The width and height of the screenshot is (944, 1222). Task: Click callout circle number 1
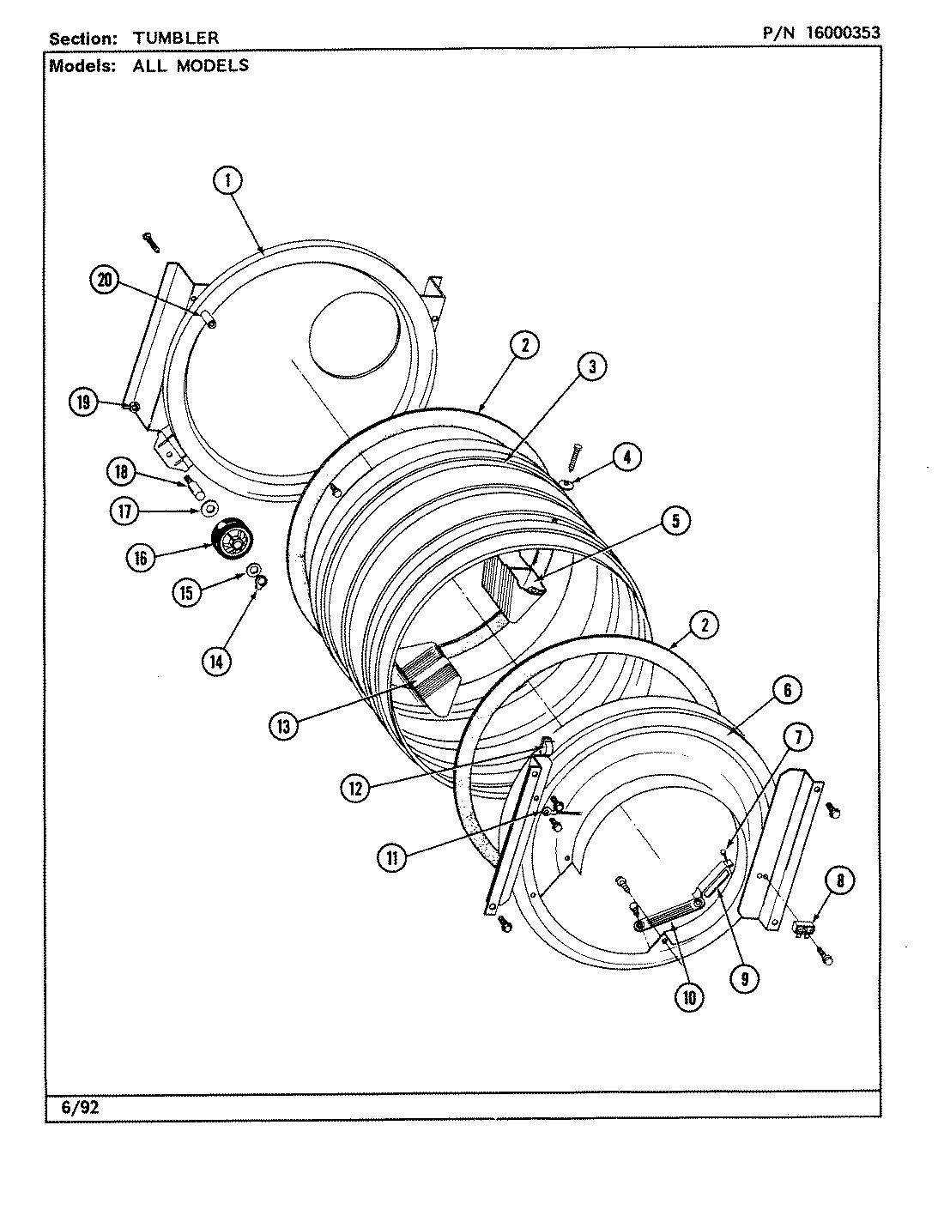[x=227, y=180]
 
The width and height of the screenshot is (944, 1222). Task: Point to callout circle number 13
[x=282, y=726]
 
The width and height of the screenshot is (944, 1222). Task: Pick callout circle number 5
[x=676, y=521]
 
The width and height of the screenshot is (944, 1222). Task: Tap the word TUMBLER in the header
[x=175, y=39]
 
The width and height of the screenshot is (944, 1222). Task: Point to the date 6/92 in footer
[x=81, y=1107]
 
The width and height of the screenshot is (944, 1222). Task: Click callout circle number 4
[x=627, y=457]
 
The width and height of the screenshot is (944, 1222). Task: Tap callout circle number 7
[x=797, y=736]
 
